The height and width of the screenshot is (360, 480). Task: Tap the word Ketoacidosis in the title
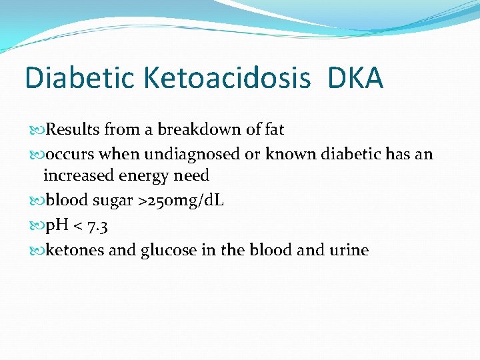pos(227,79)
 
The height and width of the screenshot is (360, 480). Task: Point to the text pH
pos(55,226)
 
